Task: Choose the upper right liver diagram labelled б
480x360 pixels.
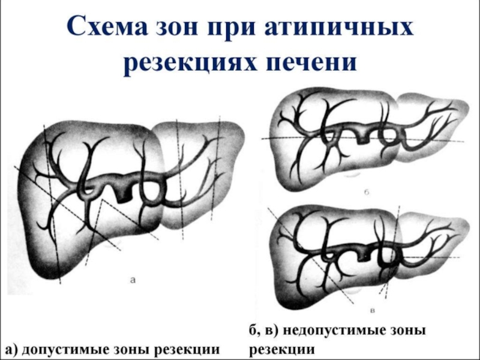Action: point(366,135)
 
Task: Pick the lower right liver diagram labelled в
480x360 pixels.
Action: point(366,252)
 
